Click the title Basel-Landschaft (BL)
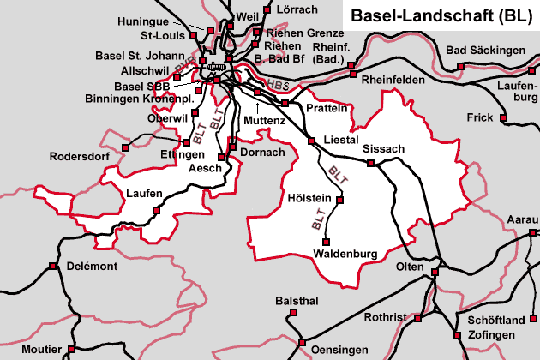point(441,15)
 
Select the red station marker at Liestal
point(311,140)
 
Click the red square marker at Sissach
point(371,163)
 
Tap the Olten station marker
point(435,273)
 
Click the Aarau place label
point(523,220)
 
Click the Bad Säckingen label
point(485,51)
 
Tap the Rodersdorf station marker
point(125,147)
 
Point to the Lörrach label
point(298,9)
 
